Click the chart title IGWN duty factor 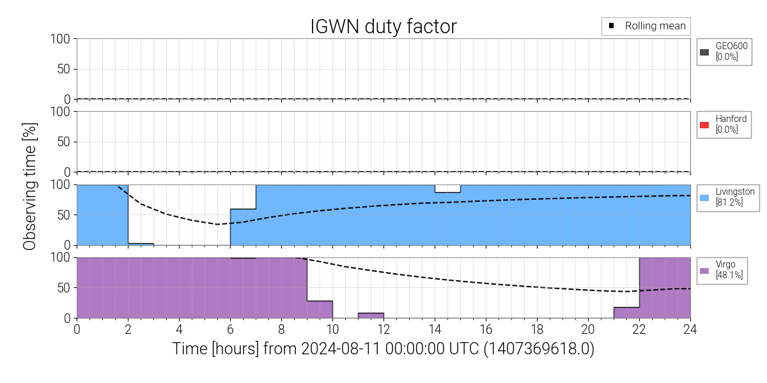pyautogui.click(x=383, y=26)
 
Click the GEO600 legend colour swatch pyautogui.click(x=704, y=52)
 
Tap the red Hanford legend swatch pyautogui.click(x=704, y=125)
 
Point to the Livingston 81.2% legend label pyautogui.click(x=735, y=197)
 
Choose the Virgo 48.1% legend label pyautogui.click(x=729, y=269)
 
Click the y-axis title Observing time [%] pyautogui.click(x=29, y=186)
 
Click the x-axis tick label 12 pyautogui.click(x=383, y=329)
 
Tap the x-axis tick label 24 pyautogui.click(x=690, y=329)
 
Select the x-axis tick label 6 pyautogui.click(x=230, y=329)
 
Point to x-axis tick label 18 pyautogui.click(x=537, y=329)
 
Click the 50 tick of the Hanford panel pyautogui.click(x=64, y=142)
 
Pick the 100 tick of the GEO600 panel pyautogui.click(x=60, y=39)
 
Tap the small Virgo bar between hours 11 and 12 pyautogui.click(x=371, y=315)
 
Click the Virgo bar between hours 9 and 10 pyautogui.click(x=320, y=310)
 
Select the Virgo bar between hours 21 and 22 pyautogui.click(x=626, y=313)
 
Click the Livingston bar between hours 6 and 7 pyautogui.click(x=243, y=227)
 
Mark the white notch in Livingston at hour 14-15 pyautogui.click(x=447, y=189)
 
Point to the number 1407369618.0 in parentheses pyautogui.click(x=539, y=349)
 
